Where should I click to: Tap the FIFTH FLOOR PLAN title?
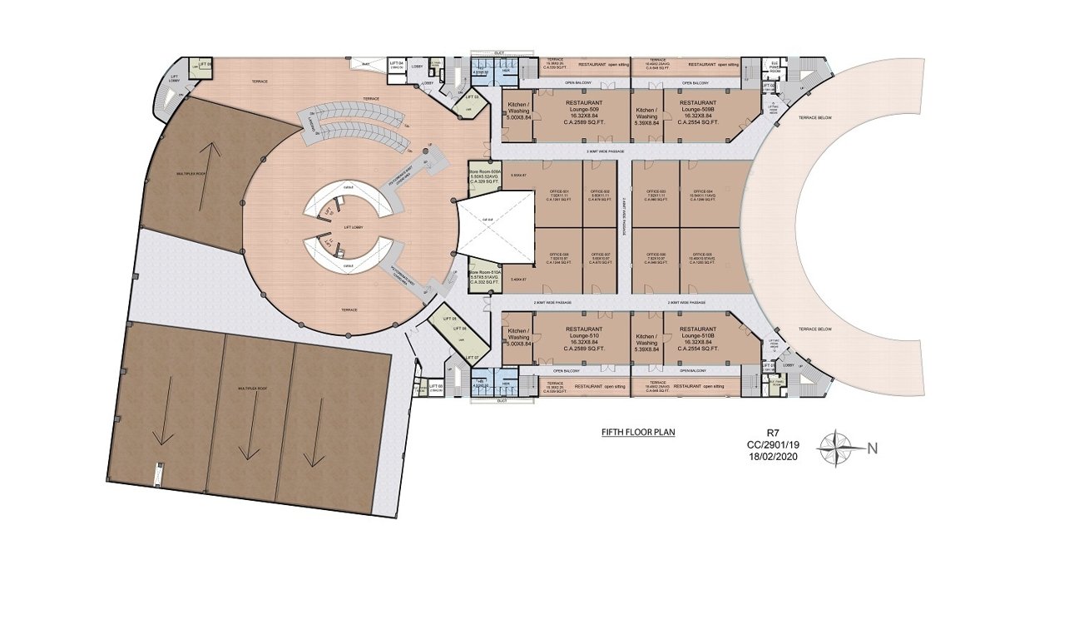point(638,433)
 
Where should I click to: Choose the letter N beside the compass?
point(873,448)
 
